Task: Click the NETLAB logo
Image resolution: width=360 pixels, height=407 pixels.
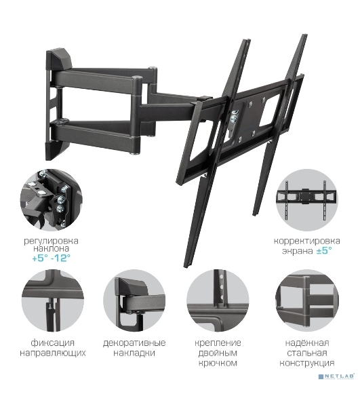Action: click(x=336, y=376)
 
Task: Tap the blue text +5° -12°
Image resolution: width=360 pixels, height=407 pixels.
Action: click(x=51, y=258)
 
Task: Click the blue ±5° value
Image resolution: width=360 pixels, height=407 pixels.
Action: click(x=324, y=251)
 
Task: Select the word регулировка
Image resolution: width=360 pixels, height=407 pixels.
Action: click(x=51, y=241)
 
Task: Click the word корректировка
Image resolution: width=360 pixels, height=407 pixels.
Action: click(x=307, y=241)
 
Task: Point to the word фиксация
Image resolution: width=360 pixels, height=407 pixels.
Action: click(x=53, y=343)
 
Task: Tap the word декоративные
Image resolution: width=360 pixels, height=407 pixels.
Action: click(x=134, y=343)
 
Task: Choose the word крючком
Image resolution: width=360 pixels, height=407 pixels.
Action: click(x=218, y=363)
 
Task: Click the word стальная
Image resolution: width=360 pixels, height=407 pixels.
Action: click(x=307, y=353)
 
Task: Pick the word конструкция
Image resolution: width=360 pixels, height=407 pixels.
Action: click(x=307, y=363)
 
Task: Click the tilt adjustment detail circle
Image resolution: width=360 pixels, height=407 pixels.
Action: click(x=52, y=200)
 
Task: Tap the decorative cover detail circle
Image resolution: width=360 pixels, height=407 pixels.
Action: click(x=134, y=301)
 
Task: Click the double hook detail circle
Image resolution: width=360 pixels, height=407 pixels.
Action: click(x=218, y=301)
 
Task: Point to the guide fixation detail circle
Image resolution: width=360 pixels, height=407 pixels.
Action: click(x=53, y=301)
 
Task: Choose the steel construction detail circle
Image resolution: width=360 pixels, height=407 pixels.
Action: click(x=307, y=301)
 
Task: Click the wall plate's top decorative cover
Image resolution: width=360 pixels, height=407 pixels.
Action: click(x=58, y=60)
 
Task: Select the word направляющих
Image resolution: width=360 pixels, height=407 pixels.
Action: click(x=53, y=353)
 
